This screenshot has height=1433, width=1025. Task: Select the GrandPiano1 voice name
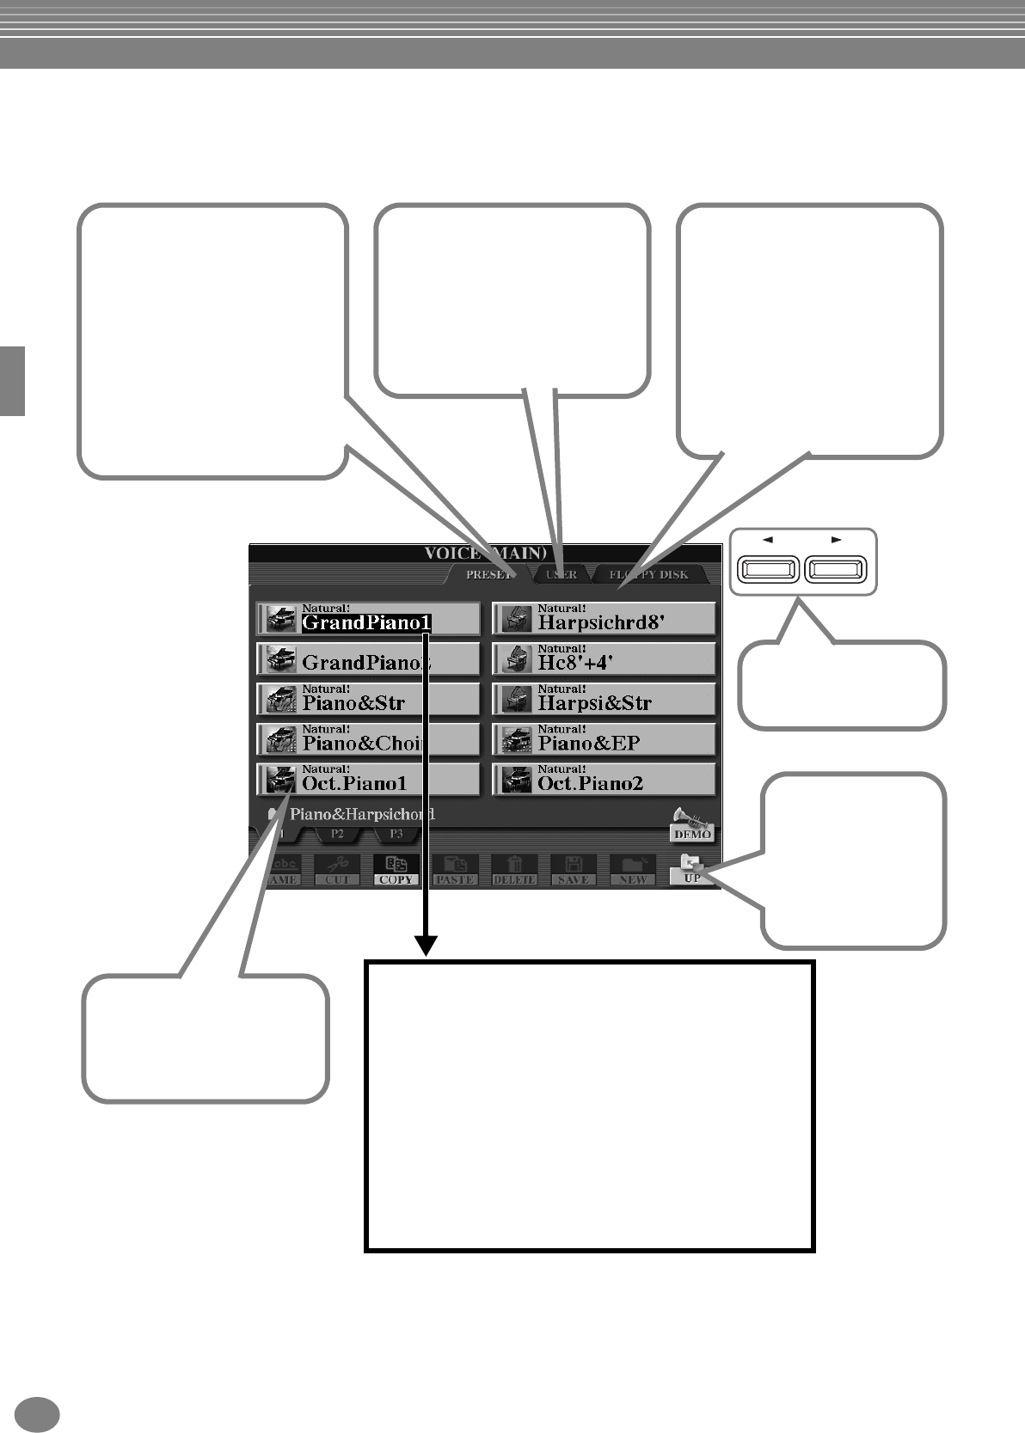click(365, 622)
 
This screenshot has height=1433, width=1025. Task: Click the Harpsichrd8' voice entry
click(600, 622)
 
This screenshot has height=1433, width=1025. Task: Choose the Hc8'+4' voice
click(575, 663)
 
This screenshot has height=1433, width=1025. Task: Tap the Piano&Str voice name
click(353, 702)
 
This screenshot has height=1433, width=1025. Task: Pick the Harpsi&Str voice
click(594, 702)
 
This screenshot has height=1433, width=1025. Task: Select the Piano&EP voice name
click(589, 743)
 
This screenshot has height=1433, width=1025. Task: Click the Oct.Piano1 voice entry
click(354, 783)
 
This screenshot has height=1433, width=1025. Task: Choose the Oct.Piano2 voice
click(590, 783)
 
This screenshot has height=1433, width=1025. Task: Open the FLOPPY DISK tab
click(649, 575)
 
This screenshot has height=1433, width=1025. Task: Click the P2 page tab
click(337, 834)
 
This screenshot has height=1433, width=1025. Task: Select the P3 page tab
click(396, 834)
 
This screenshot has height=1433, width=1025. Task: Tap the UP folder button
click(692, 869)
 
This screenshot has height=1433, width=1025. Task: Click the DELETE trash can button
click(514, 869)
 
